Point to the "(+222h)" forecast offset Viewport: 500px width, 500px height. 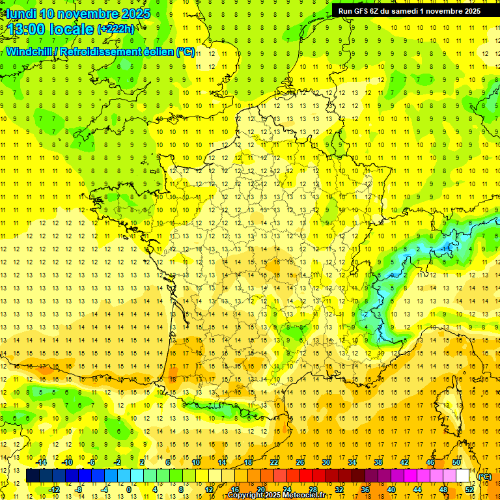tap(116, 29)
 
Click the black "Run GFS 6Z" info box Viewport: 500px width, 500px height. tap(410, 10)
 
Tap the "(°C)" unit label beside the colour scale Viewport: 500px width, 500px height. tap(484, 476)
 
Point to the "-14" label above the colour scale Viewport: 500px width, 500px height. tap(42, 462)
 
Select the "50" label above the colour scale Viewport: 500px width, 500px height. tap(456, 462)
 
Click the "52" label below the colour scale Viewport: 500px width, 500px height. tap(469, 490)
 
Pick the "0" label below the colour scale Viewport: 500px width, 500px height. tap(128, 490)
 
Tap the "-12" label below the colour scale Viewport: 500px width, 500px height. tap(55, 490)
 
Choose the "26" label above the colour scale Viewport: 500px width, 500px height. tap(300, 462)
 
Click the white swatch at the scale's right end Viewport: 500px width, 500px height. tap(463, 476)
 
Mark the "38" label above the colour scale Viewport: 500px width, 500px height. tap(378, 462)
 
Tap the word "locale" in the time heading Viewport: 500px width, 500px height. tap(72, 29)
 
